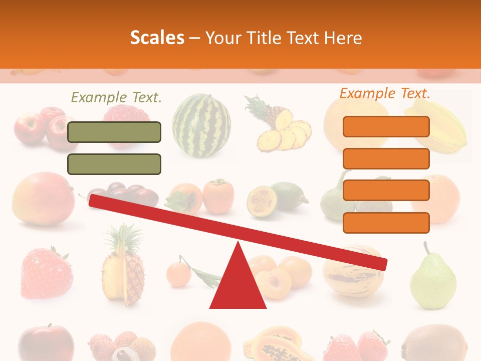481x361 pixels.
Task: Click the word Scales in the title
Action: click(157, 38)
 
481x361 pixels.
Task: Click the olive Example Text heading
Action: click(116, 97)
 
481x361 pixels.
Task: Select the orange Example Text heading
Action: click(385, 93)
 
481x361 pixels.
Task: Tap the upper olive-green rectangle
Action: click(114, 132)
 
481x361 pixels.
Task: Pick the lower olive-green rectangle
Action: click(114, 164)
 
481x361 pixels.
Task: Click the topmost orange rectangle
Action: click(386, 126)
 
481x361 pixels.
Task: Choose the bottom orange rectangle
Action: click(386, 223)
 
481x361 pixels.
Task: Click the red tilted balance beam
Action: click(238, 231)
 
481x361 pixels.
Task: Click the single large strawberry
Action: click(46, 273)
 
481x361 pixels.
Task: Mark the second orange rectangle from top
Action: click(386, 158)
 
